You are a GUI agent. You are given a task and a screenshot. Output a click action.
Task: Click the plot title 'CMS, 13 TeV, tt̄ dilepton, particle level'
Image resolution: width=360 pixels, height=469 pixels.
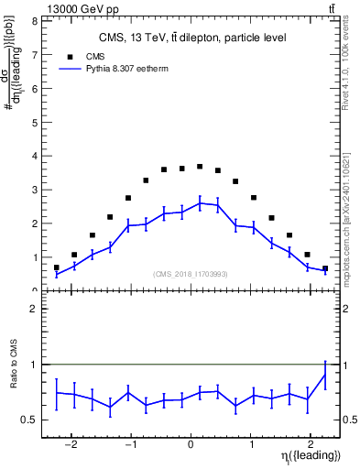tap(191, 38)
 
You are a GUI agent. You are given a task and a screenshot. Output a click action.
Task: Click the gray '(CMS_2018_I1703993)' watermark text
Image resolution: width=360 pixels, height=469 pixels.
tap(191, 273)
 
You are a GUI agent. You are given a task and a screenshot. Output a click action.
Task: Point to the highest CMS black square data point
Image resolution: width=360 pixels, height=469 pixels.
tap(200, 167)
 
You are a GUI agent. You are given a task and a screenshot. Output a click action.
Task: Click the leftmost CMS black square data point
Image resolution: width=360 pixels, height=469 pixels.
tap(57, 267)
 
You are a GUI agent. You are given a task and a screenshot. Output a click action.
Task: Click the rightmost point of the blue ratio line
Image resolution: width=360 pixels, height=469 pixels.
tap(325, 374)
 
